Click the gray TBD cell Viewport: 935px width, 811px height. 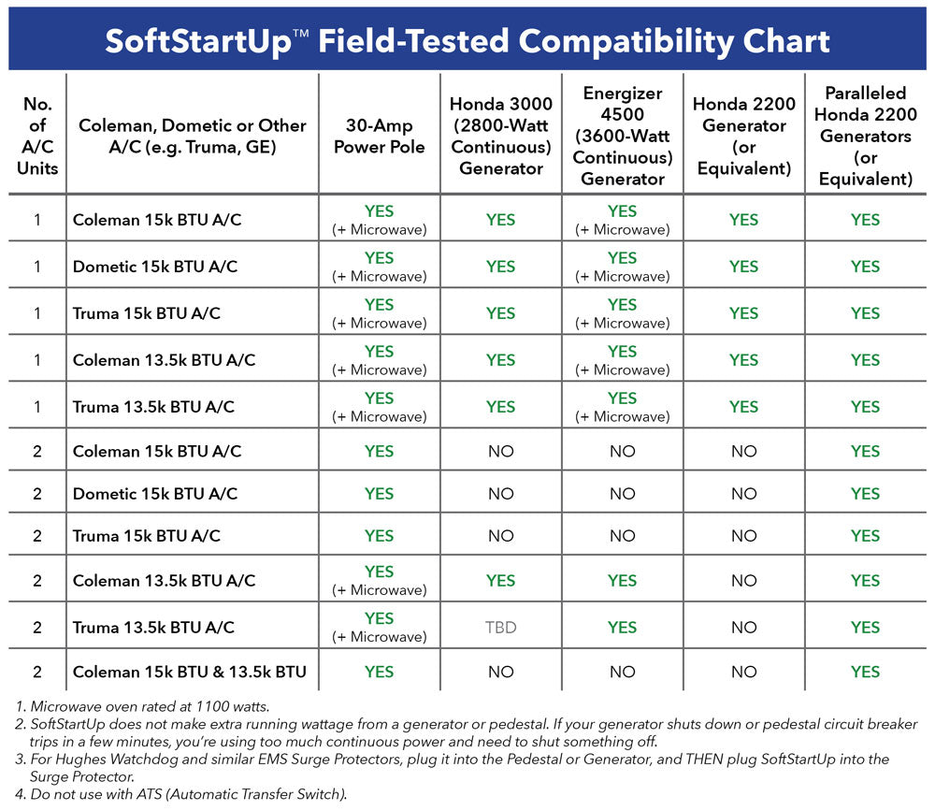(x=500, y=628)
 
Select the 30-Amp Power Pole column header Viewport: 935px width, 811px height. (x=379, y=136)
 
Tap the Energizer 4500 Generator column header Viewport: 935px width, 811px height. (x=622, y=136)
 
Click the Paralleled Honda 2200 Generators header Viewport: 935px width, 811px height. (x=865, y=136)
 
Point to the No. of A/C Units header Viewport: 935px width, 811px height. (x=37, y=136)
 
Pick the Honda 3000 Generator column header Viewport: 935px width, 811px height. (x=500, y=136)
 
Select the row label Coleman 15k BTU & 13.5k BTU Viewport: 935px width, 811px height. (x=190, y=672)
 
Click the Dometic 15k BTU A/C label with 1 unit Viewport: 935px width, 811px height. (x=155, y=267)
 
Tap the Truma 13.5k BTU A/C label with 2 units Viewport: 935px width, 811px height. (x=153, y=628)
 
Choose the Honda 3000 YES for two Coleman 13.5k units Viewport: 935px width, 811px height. (x=500, y=581)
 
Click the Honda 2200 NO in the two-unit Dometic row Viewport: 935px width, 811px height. (x=743, y=494)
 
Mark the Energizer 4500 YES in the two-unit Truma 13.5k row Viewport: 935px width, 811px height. (x=622, y=628)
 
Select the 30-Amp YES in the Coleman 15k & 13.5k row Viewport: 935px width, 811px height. (x=379, y=672)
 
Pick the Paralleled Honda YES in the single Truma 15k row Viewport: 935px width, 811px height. (x=865, y=313)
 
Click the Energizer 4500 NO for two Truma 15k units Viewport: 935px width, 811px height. (x=622, y=536)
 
